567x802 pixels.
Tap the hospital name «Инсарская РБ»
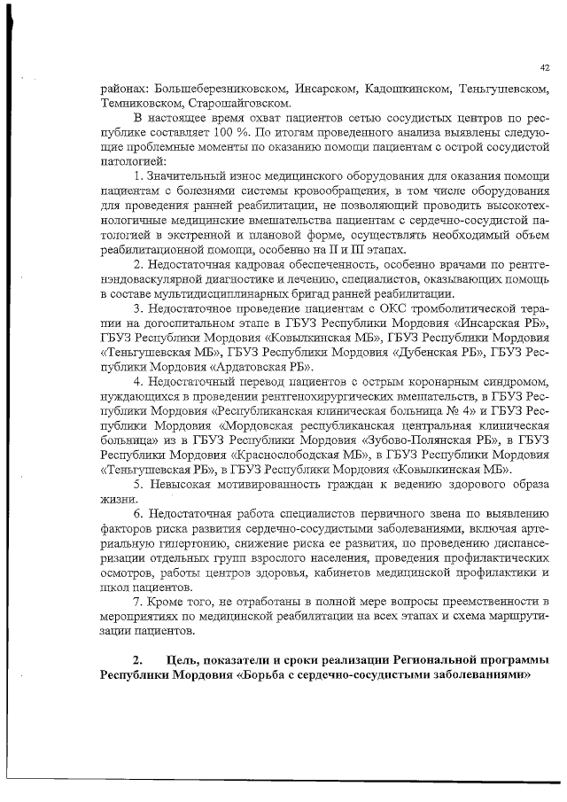tap(498, 323)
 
